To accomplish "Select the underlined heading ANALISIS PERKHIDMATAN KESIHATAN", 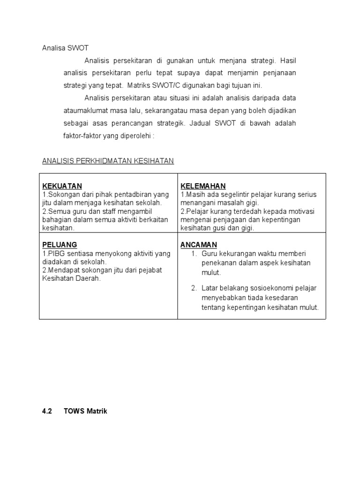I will coord(108,161).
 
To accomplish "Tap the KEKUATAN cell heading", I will coord(62,186).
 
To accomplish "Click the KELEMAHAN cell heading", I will coord(203,186).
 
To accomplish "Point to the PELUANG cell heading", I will coord(60,245).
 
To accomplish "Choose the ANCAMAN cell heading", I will coord(199,245).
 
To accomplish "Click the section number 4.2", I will coord(46,411).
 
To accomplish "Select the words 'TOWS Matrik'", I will coord(86,411).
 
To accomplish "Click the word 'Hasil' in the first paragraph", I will coord(288,61).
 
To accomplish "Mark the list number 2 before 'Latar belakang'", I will coord(194,288).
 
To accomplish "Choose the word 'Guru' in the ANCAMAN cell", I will coord(210,254).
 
